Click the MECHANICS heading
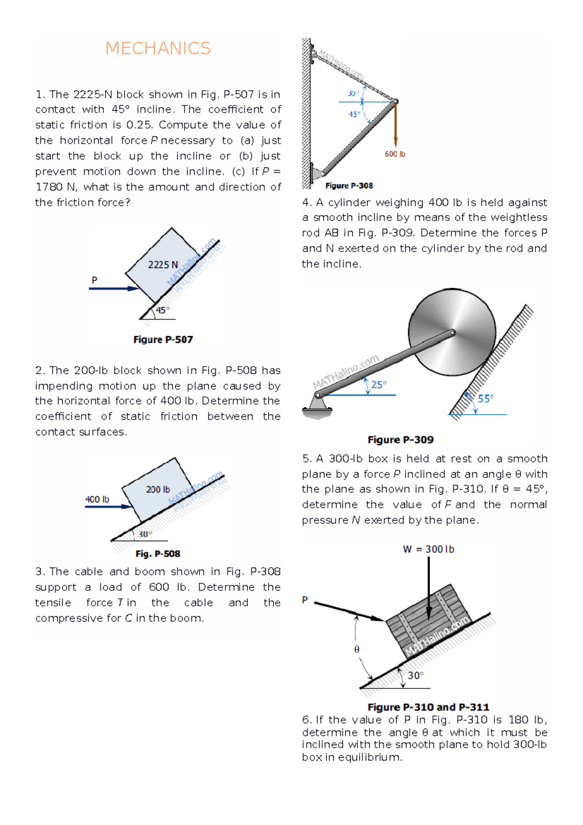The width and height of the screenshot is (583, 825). click(158, 49)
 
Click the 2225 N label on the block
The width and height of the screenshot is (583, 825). click(163, 265)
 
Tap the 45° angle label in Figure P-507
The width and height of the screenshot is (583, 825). click(163, 310)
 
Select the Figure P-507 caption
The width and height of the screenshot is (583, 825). click(163, 340)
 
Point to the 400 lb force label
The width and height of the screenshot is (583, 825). click(97, 499)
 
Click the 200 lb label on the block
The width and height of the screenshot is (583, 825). click(158, 490)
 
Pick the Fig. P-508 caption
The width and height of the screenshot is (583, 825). click(158, 554)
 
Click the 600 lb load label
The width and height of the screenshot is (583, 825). click(395, 154)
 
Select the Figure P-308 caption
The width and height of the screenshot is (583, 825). click(349, 186)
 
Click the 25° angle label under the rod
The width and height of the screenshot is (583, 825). click(378, 385)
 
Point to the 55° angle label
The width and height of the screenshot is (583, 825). click(485, 399)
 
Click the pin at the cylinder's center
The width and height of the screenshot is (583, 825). click(452, 333)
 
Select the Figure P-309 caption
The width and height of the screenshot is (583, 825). click(400, 440)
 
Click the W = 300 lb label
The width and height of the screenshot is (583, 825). click(429, 550)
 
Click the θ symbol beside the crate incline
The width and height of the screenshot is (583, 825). click(357, 650)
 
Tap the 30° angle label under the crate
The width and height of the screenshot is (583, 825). click(415, 676)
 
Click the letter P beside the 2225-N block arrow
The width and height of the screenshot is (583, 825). click(94, 280)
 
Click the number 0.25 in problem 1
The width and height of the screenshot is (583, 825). click(139, 125)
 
